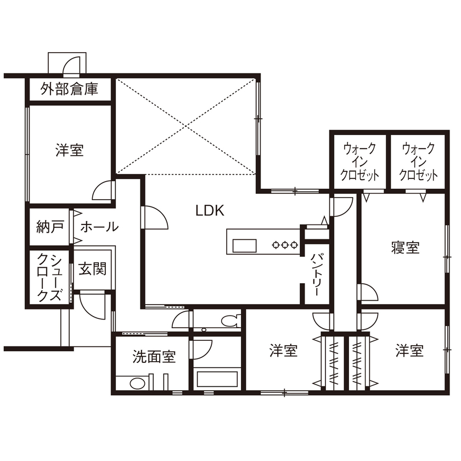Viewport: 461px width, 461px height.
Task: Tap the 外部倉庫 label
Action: point(70,89)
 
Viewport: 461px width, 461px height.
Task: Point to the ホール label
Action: point(99,227)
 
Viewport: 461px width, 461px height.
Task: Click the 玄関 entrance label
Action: point(92,269)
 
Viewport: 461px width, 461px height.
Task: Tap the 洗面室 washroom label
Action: point(154,357)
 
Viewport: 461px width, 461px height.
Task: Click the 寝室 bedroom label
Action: point(406,248)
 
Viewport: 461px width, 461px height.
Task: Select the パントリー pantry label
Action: point(317,276)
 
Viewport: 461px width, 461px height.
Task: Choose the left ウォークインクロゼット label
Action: point(360,162)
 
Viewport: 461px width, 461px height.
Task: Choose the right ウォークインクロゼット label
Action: point(418,162)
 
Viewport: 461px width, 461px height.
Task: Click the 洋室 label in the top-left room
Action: point(70,150)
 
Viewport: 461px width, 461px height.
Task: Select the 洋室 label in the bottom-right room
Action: point(409,351)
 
